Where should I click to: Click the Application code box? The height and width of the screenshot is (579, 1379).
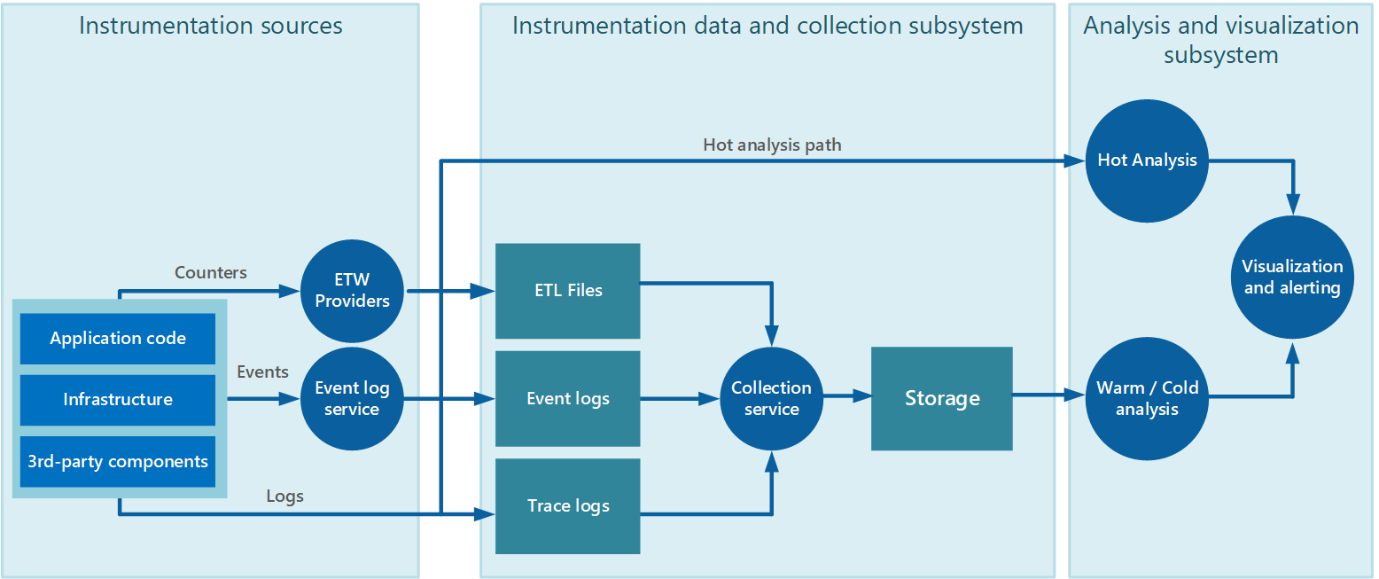(118, 339)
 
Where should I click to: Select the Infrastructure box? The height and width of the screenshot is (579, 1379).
(118, 400)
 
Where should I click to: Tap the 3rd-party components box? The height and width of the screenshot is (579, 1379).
(118, 461)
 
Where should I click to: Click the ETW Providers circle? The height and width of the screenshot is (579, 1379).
(352, 291)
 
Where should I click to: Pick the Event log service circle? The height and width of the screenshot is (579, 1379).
(352, 399)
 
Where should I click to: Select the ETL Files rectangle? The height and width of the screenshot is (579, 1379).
(567, 291)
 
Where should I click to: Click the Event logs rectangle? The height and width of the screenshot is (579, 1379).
(567, 399)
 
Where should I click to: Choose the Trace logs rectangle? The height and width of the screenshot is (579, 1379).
(567, 506)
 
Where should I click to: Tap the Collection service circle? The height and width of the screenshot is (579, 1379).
(771, 399)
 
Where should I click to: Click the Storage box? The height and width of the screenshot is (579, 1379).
(941, 399)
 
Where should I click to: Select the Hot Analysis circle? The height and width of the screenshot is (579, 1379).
(1147, 160)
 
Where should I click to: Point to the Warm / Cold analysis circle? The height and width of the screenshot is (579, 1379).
(1147, 399)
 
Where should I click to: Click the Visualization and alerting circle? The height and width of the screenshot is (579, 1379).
(1292, 277)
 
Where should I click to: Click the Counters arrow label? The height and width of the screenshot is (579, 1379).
(211, 273)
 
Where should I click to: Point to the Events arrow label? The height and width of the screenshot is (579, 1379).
(262, 372)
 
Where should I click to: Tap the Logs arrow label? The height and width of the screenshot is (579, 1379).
(284, 497)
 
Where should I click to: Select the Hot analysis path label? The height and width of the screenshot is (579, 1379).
(771, 145)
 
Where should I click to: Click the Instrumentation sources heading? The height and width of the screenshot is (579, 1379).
(210, 26)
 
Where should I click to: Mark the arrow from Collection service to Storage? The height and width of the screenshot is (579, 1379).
(846, 399)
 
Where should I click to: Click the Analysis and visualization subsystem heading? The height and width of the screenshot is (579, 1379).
(1220, 40)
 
